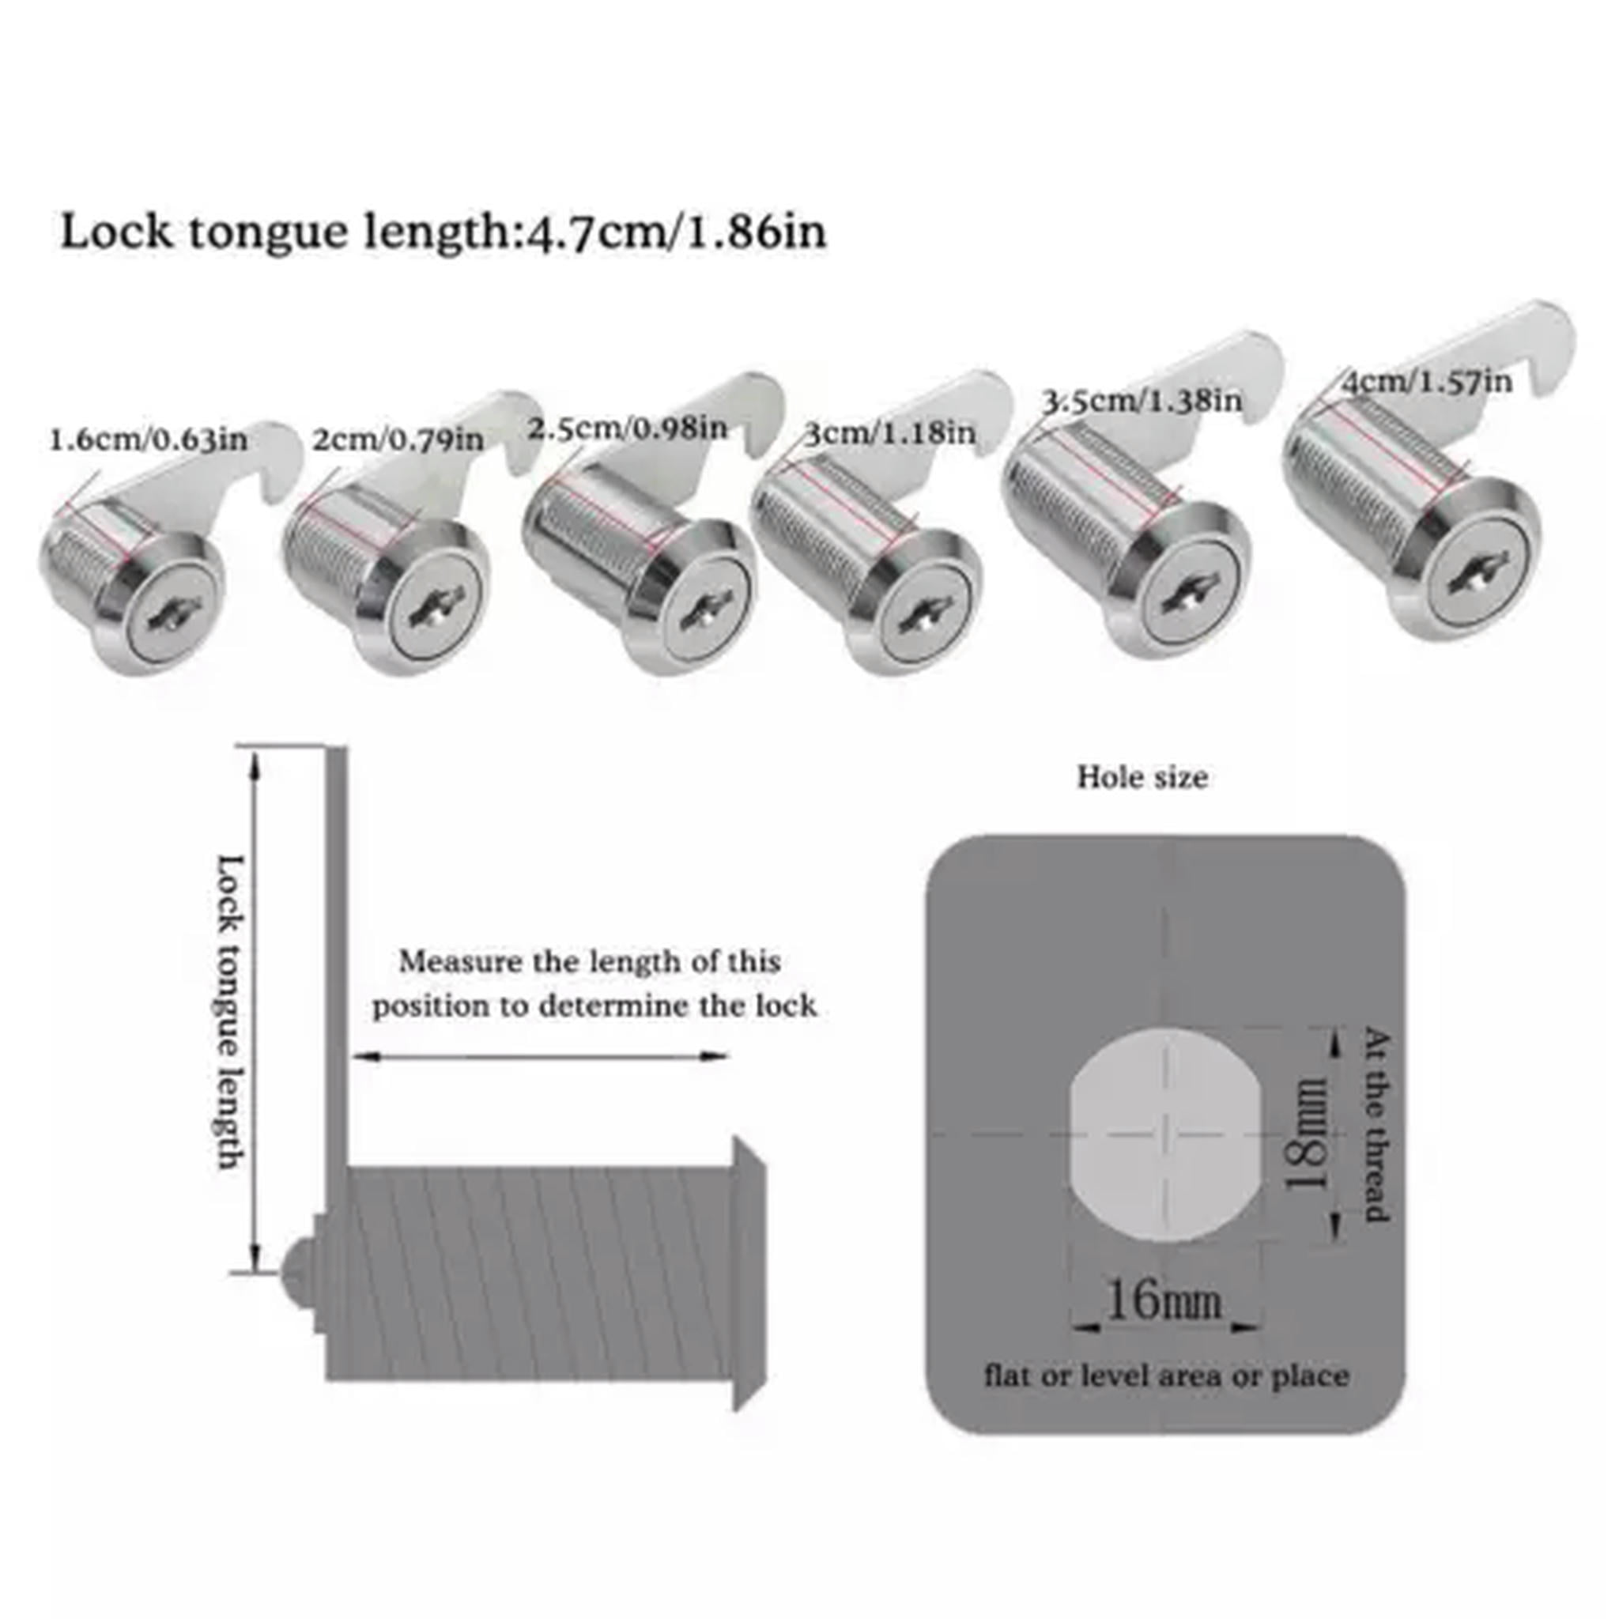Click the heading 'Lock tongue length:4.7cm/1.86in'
click(x=443, y=232)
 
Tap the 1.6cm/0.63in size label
click(x=149, y=439)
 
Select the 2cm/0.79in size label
click(x=398, y=438)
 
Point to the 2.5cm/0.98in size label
click(x=627, y=428)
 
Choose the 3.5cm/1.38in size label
click(x=1142, y=401)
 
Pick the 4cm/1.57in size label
click(x=1426, y=382)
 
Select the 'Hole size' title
click(x=1142, y=778)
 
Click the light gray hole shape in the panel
click(x=1164, y=1135)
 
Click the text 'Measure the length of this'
click(x=590, y=961)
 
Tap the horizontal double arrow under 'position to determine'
click(x=540, y=1057)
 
